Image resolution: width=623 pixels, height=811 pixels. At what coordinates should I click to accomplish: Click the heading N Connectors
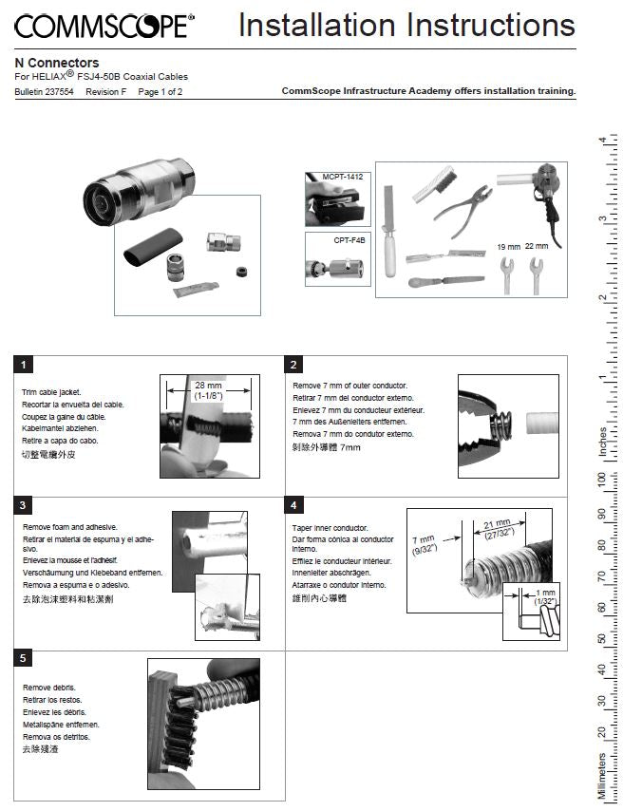57,63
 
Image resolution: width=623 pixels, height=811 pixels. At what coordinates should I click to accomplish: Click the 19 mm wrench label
508,247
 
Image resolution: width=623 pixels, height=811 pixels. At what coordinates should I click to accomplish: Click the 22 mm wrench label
537,247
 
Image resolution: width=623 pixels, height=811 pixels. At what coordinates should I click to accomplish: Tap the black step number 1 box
25,365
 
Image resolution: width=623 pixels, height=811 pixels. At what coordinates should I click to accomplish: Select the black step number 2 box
295,365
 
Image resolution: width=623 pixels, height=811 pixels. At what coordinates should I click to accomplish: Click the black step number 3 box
25,506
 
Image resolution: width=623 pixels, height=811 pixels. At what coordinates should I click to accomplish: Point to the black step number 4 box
295,506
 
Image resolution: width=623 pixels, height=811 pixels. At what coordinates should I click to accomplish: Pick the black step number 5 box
25,657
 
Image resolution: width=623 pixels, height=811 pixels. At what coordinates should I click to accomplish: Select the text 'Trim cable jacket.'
51,391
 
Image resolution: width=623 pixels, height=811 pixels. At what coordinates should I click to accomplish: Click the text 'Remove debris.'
48,687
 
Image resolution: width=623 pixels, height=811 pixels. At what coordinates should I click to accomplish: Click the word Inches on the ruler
602,443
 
